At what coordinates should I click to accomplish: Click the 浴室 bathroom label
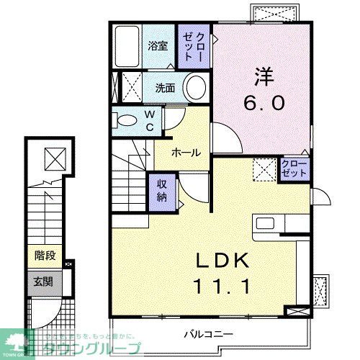(x=158, y=45)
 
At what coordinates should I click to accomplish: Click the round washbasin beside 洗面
(x=195, y=89)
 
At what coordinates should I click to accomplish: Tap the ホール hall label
(x=185, y=153)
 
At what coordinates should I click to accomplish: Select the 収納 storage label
(x=162, y=189)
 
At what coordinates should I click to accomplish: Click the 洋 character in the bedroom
(x=262, y=74)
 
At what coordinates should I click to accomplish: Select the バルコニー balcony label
(x=207, y=333)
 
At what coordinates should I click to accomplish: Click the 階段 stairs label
(x=45, y=255)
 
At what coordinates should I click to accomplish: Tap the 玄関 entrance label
(x=45, y=281)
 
